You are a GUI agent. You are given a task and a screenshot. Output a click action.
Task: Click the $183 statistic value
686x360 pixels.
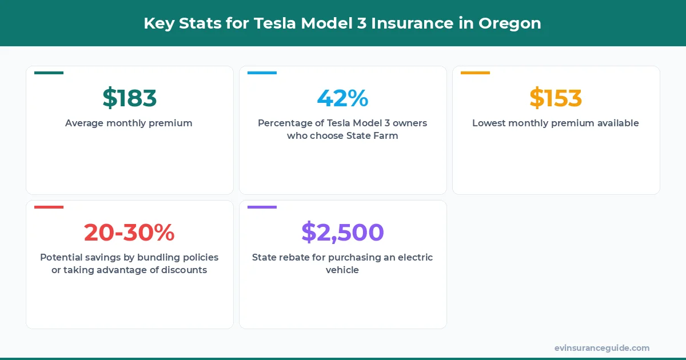coord(129,98)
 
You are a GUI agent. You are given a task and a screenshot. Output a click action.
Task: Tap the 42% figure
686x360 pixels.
coord(342,98)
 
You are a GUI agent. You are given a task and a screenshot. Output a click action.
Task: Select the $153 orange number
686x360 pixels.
coord(556,98)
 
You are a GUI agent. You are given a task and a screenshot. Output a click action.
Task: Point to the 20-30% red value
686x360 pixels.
coord(129,233)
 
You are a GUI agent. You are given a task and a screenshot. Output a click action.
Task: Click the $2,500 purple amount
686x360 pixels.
coord(342,233)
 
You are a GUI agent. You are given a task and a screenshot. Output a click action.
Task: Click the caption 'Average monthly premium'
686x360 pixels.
coord(129,123)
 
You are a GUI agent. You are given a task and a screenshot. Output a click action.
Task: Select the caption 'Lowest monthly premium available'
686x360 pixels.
coord(556,123)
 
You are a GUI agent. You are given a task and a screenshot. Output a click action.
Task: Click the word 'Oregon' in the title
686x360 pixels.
coord(510,23)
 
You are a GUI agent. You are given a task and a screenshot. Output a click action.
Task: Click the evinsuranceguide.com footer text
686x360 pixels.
coord(602,348)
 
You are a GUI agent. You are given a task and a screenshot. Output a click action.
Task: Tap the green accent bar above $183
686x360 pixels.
coord(49,73)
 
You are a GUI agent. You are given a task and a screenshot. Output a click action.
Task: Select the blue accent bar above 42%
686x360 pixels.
coord(262,73)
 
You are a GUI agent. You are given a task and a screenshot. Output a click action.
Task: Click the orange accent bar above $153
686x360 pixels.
coord(475,73)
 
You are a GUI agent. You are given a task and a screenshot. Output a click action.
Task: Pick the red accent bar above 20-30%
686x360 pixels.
coord(49,207)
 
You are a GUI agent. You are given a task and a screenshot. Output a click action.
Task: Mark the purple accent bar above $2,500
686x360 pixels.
coord(262,207)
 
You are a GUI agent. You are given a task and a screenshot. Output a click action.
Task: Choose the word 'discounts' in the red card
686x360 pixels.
coord(182,270)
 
